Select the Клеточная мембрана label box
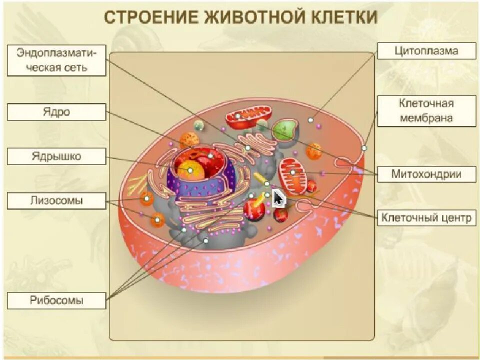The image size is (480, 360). [x=426, y=110]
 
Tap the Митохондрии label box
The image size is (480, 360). [x=426, y=174]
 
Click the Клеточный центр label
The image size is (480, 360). [x=426, y=217]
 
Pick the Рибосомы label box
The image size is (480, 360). [x=56, y=300]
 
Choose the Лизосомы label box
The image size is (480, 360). [x=56, y=200]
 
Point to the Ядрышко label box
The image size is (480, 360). [x=56, y=156]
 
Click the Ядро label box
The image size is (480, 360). [x=56, y=112]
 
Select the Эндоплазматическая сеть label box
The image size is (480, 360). [x=56, y=59]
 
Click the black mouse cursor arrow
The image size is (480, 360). [x=278, y=197]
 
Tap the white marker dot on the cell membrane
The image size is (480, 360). [x=364, y=148]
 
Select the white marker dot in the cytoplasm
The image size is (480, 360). [x=310, y=120]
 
